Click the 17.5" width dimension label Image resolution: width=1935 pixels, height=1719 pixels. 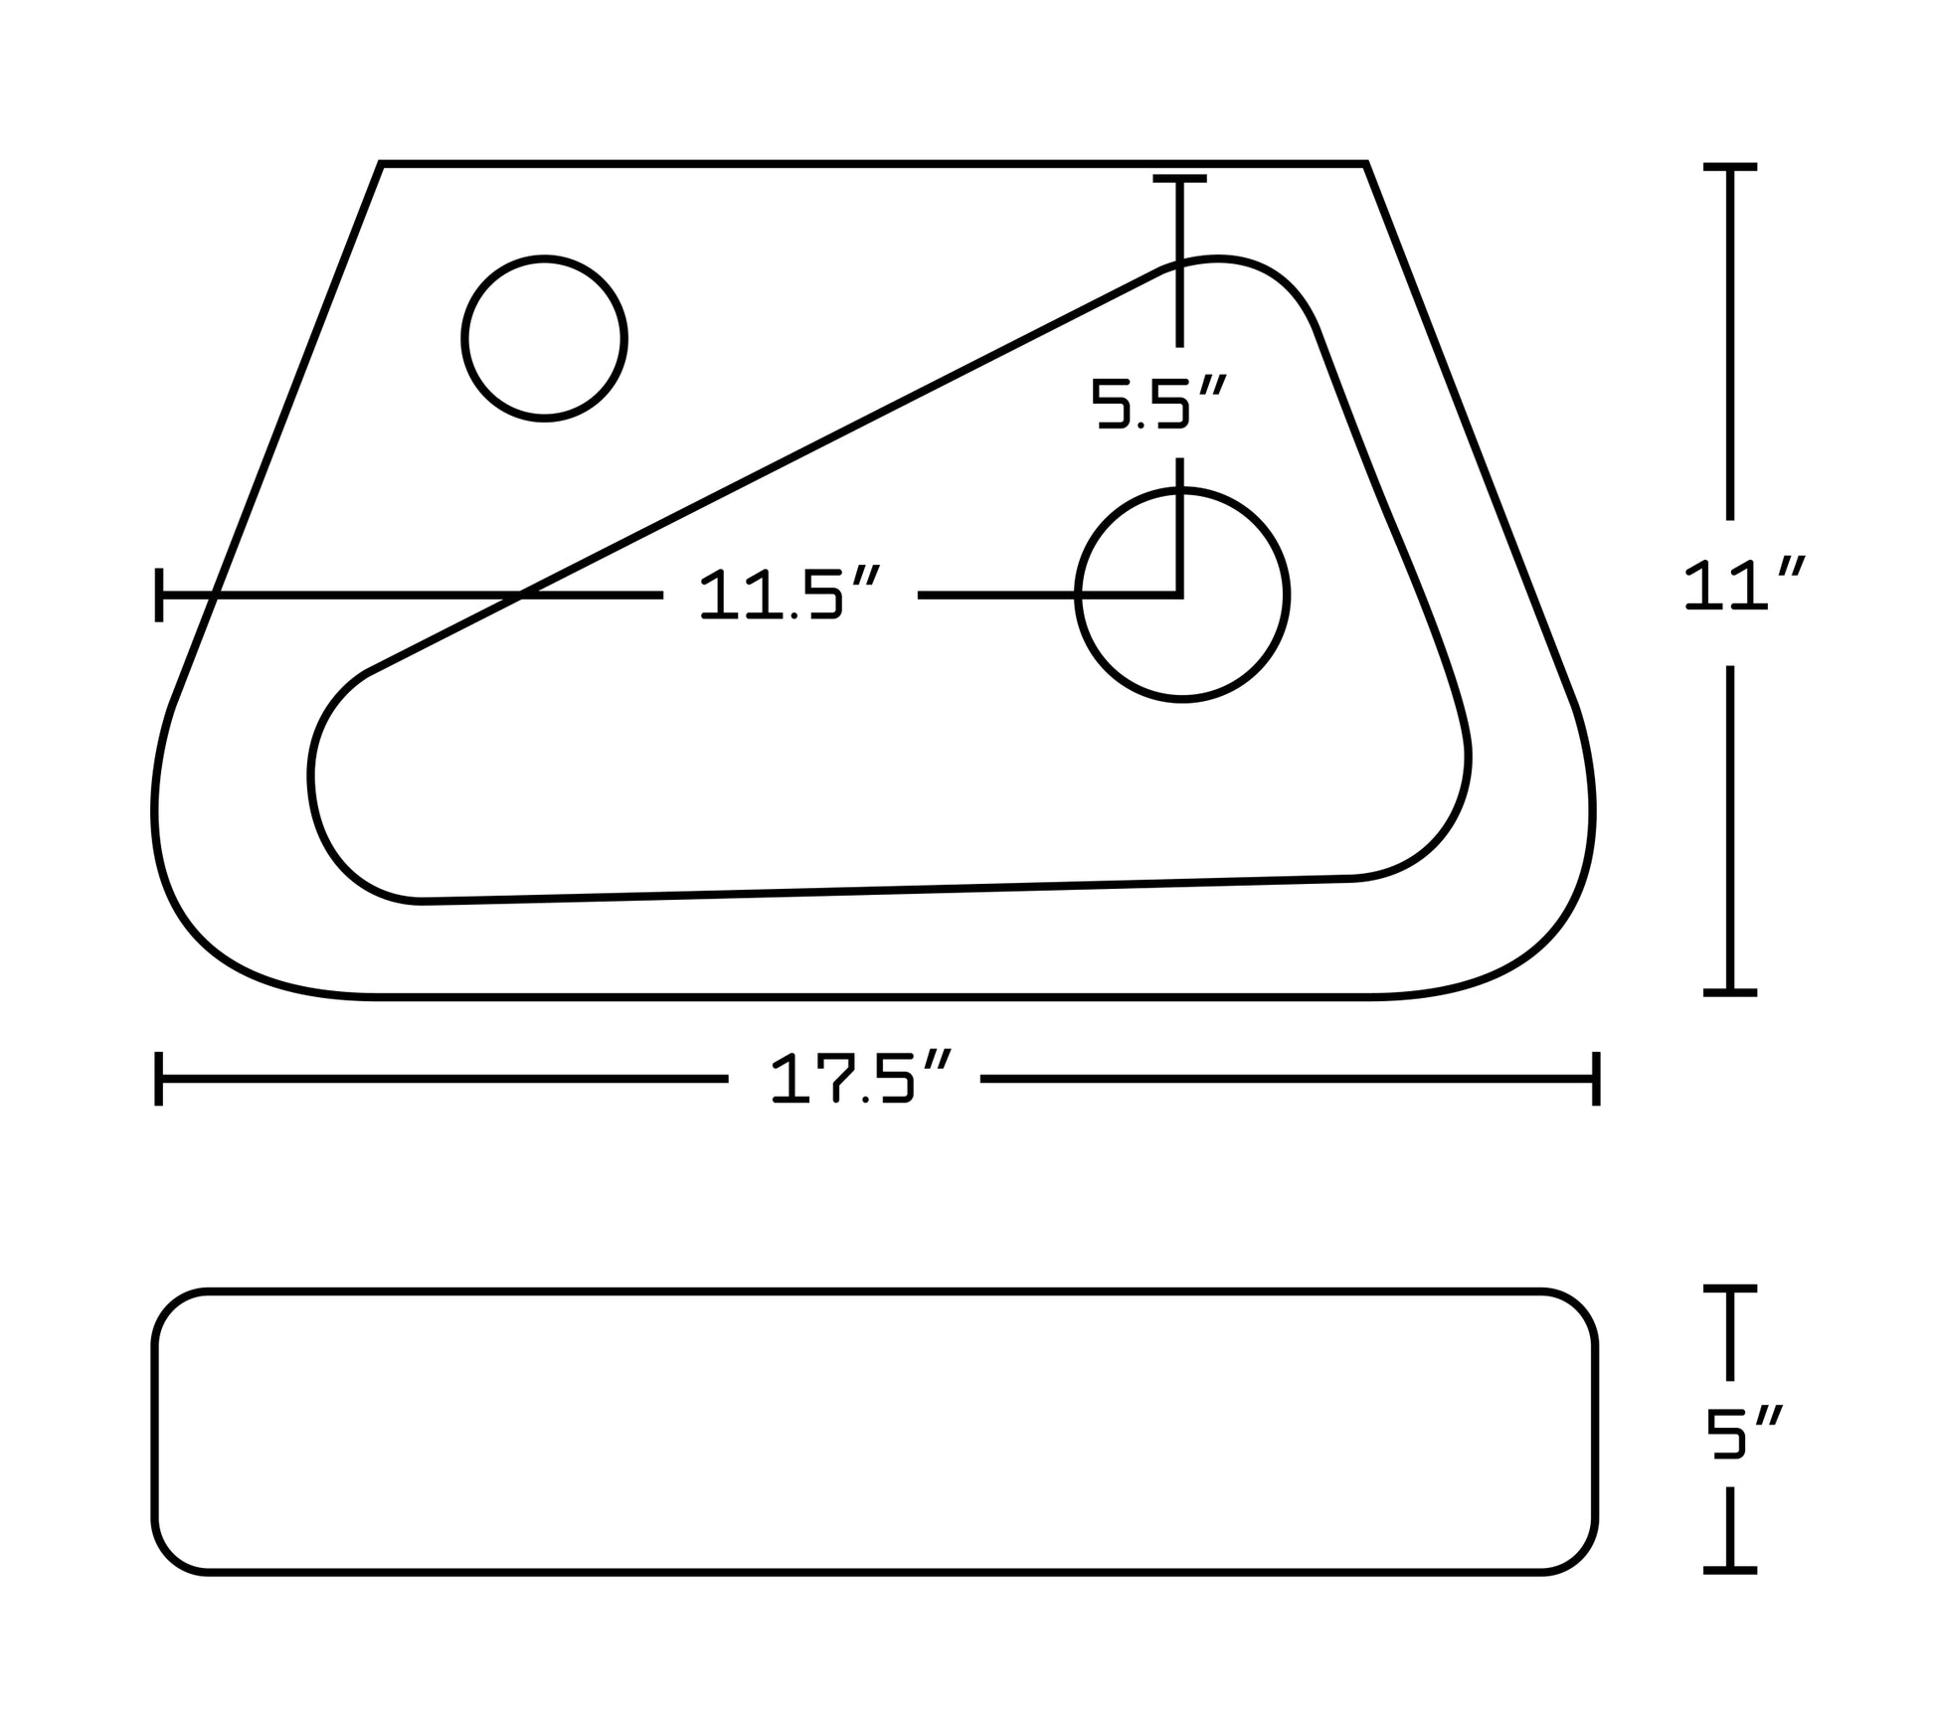(861, 1078)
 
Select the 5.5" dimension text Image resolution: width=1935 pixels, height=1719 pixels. (1157, 403)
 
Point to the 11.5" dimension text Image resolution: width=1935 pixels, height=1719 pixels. (790, 594)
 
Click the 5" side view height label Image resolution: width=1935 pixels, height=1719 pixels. (1743, 1435)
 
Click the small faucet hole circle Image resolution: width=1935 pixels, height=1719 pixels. (544, 338)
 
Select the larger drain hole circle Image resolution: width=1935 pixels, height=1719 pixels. (1182, 595)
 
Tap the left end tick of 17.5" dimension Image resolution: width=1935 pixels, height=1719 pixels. (159, 1078)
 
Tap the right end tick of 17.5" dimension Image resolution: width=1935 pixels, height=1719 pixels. (1596, 1078)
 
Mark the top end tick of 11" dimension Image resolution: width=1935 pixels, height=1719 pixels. (1730, 167)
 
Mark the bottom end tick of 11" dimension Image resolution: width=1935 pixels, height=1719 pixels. (1730, 992)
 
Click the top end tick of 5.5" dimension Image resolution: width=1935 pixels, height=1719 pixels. (1179, 179)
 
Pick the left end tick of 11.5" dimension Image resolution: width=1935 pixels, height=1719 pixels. (159, 595)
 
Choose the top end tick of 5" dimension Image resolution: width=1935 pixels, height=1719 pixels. (1730, 1289)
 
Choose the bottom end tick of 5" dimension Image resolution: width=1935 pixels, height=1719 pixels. (1730, 1570)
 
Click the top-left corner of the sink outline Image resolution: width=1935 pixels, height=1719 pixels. (382, 164)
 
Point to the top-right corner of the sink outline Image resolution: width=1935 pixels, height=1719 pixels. (1365, 164)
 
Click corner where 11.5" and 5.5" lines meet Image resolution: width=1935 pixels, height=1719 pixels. (1179, 595)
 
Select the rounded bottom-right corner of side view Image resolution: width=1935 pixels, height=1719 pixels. (1579, 1555)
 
